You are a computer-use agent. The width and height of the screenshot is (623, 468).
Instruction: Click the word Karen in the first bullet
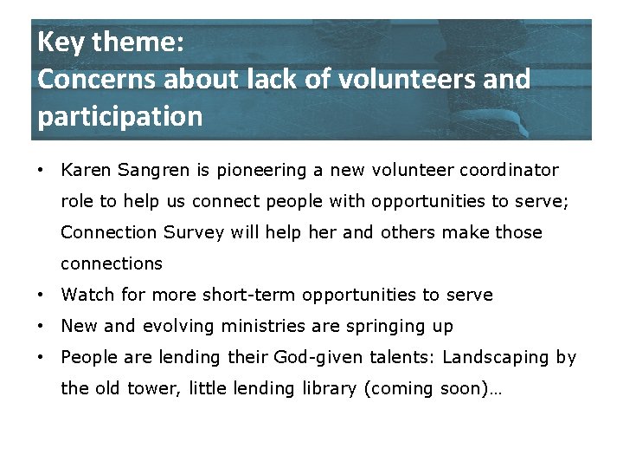coord(85,170)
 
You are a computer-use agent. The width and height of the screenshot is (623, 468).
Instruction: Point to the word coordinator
coord(510,170)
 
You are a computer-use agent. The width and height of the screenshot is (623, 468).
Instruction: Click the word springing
coord(382,327)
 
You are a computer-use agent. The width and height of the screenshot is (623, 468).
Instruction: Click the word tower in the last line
coord(153,388)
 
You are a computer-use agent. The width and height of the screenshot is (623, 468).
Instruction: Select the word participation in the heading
coord(119,116)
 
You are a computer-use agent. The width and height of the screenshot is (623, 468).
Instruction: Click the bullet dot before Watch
coord(42,295)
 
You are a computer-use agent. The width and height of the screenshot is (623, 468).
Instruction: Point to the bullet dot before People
coord(42,357)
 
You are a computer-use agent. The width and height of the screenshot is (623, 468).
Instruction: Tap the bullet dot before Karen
coord(42,170)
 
